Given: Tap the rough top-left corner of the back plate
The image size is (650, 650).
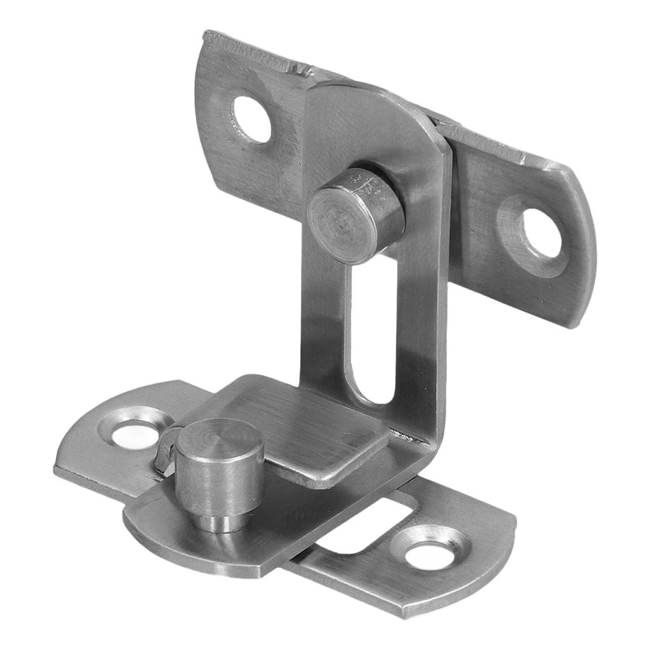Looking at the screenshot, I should pyautogui.click(x=209, y=38).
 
